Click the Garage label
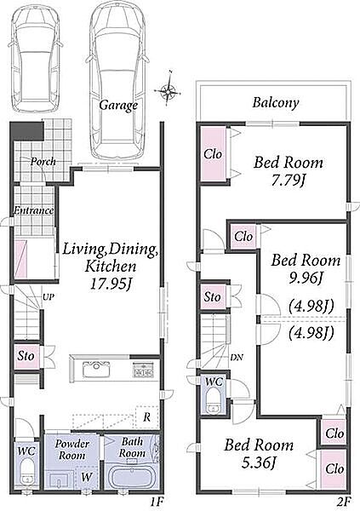[x=118, y=106]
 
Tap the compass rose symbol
[x=169, y=89]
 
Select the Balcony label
[x=276, y=103]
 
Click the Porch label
[x=43, y=161]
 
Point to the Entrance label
[x=33, y=210]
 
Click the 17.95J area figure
[x=110, y=284]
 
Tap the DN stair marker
[x=237, y=357]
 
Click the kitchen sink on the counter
[x=96, y=370]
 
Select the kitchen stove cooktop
[x=143, y=370]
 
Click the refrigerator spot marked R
[x=147, y=416]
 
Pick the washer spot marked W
[x=86, y=477]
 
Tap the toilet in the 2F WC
[x=214, y=400]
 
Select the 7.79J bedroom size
[x=288, y=181]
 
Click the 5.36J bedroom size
[x=258, y=462]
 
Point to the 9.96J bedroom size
[x=306, y=278]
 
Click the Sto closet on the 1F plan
[x=26, y=355]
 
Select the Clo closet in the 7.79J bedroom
[x=213, y=154]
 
